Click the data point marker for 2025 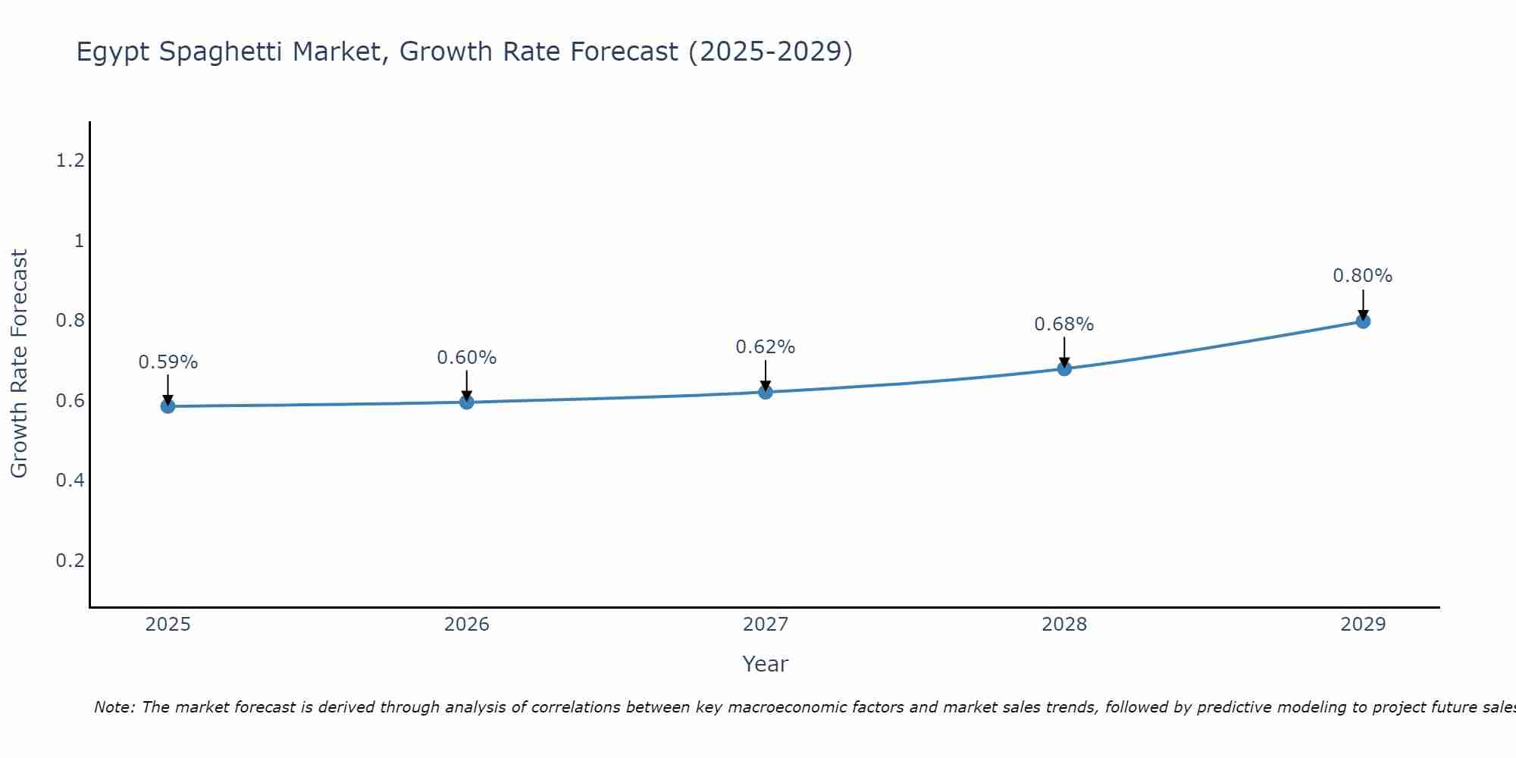click(168, 406)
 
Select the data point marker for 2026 click(467, 402)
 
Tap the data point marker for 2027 click(766, 392)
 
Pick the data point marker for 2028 click(1064, 368)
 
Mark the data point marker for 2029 click(1363, 321)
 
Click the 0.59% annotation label click(168, 363)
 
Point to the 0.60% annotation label click(467, 358)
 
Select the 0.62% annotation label click(766, 347)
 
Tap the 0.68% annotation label click(1064, 324)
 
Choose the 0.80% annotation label click(1363, 276)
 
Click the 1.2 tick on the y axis click(70, 161)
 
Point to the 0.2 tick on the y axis click(70, 561)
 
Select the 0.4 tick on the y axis click(70, 481)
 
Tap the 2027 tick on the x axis click(766, 625)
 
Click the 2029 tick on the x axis click(1363, 625)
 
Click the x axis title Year click(766, 664)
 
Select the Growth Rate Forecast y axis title click(19, 364)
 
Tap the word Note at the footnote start click(114, 707)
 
